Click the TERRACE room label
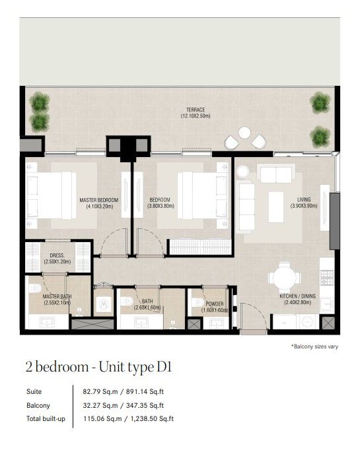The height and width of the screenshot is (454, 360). pyautogui.click(x=196, y=110)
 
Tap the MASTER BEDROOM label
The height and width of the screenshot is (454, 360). pyautogui.click(x=99, y=200)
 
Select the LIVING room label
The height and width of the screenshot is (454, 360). pyautogui.click(x=304, y=199)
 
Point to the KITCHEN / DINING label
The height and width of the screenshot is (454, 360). pyautogui.click(x=297, y=296)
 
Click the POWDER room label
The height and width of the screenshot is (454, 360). pyautogui.click(x=215, y=304)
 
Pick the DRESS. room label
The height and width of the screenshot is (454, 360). pyautogui.click(x=57, y=255)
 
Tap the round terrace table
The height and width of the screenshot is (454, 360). pyautogui.click(x=244, y=133)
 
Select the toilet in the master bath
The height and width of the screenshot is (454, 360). pyautogui.click(x=35, y=288)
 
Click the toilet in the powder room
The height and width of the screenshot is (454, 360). pyautogui.click(x=199, y=302)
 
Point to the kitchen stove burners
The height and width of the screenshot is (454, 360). pyautogui.click(x=327, y=276)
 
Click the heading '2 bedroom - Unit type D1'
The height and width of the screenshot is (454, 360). pyautogui.click(x=99, y=367)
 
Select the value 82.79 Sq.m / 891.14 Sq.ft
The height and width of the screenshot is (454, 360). pyautogui.click(x=123, y=391)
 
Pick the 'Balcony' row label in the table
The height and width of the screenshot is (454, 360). pyautogui.click(x=38, y=405)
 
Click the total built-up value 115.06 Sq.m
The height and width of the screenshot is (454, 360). pyautogui.click(x=102, y=418)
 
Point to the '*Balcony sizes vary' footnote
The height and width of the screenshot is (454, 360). pyautogui.click(x=314, y=346)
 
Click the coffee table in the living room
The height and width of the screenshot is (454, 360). pyautogui.click(x=275, y=207)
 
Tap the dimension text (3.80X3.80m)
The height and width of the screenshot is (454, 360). pyautogui.click(x=161, y=206)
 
